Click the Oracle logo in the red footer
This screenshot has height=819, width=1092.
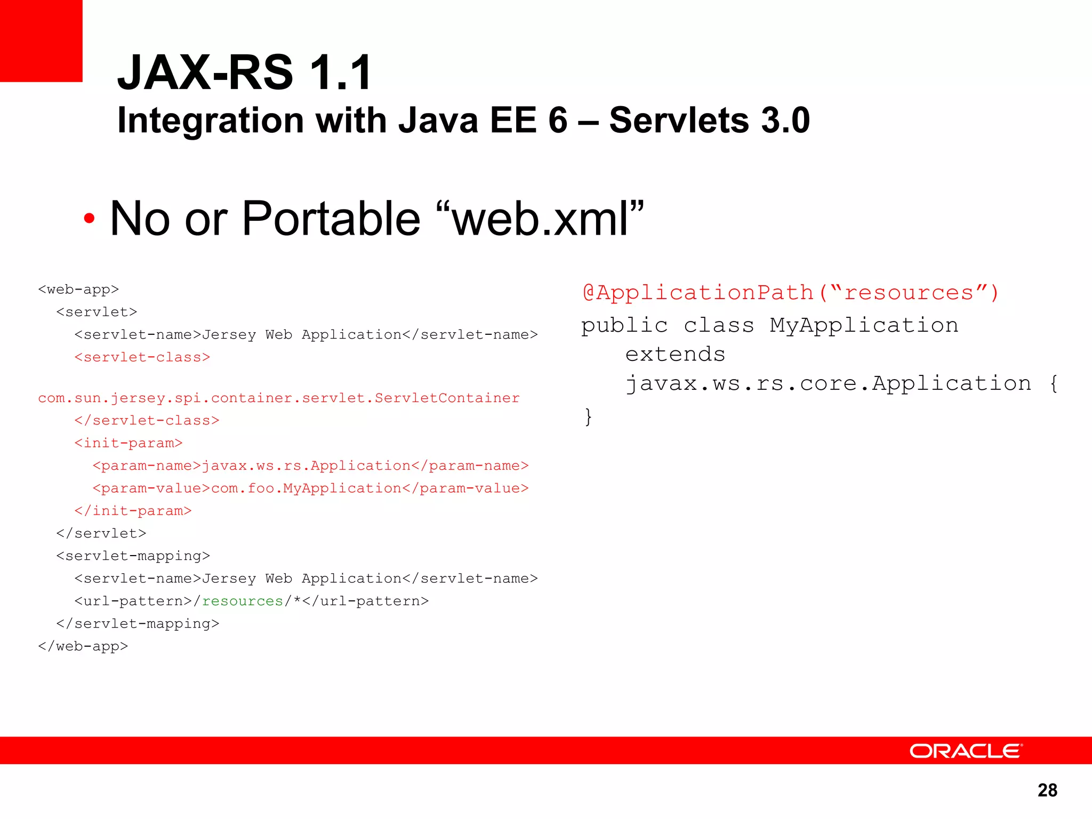pos(966,751)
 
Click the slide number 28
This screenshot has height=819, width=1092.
pos(1047,790)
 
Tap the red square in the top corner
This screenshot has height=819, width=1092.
pos(41,41)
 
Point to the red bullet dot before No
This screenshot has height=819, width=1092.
pos(89,218)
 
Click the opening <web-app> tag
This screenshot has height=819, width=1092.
pos(78,290)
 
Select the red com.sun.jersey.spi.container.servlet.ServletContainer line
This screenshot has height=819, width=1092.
pos(279,398)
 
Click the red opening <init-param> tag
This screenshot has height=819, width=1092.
pos(129,443)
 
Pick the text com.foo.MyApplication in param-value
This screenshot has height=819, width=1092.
pos(306,488)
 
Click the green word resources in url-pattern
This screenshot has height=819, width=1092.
pos(243,601)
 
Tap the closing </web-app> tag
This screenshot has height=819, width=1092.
pos(83,646)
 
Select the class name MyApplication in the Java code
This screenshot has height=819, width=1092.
pos(864,325)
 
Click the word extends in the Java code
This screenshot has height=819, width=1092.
pos(675,355)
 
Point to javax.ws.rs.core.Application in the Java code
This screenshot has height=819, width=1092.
pos(828,384)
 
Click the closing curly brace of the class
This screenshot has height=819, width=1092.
pos(588,416)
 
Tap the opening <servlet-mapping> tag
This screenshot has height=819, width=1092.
pos(133,556)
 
